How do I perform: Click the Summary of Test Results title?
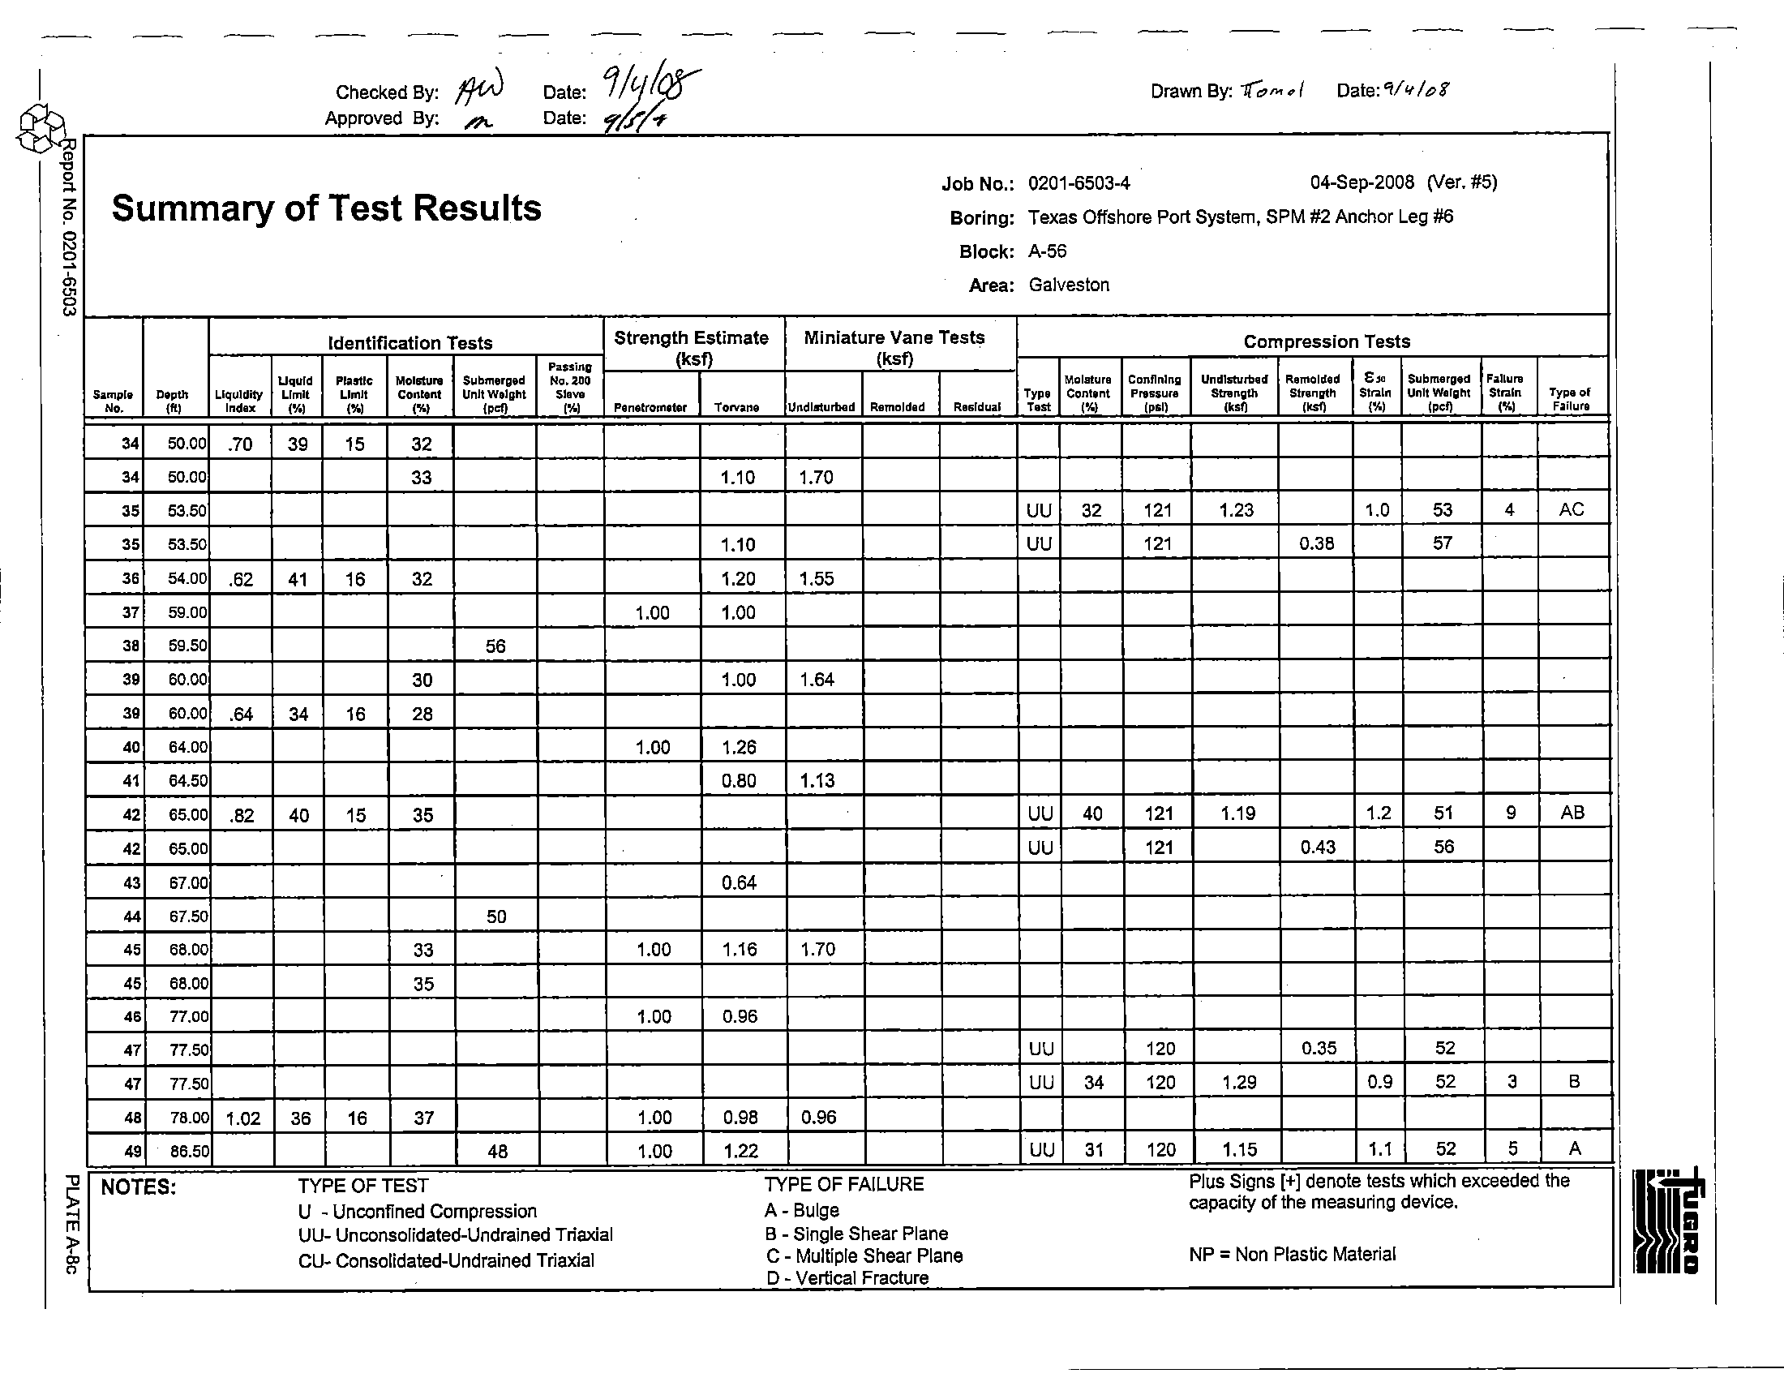click(x=326, y=208)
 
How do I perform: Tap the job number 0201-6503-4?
click(x=1079, y=183)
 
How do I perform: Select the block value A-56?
click(x=1047, y=251)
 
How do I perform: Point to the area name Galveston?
click(x=1069, y=285)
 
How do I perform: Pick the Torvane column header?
click(x=736, y=408)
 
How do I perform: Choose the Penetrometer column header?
click(x=651, y=408)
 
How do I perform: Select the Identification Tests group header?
click(x=410, y=343)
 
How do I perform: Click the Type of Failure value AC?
click(x=1571, y=509)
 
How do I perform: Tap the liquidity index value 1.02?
click(x=242, y=1118)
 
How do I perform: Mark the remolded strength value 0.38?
click(x=1316, y=543)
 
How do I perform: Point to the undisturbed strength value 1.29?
click(x=1239, y=1083)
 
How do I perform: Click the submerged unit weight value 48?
click(x=496, y=1152)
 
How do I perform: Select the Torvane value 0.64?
click(x=739, y=882)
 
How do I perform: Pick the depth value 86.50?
click(x=189, y=1152)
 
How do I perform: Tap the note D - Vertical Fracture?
click(x=847, y=1278)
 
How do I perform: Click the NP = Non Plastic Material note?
click(x=1292, y=1254)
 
